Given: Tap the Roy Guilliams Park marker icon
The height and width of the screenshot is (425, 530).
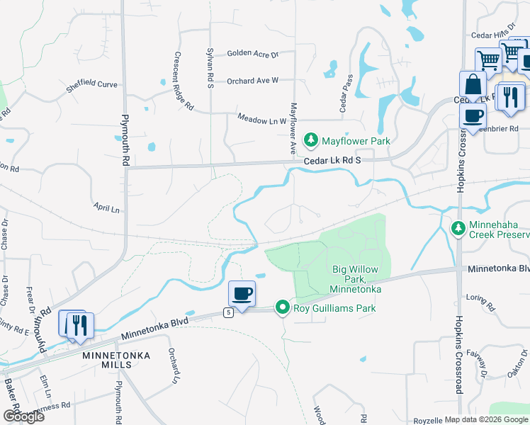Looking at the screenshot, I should tap(283, 308).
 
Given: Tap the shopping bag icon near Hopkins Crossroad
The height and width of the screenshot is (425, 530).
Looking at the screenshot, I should tap(472, 86).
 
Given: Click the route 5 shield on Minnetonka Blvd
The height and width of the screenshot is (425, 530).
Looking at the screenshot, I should tap(228, 312).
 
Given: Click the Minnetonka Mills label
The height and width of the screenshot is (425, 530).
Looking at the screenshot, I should tap(107, 359).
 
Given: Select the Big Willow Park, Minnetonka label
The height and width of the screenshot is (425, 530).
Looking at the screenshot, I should tap(356, 280).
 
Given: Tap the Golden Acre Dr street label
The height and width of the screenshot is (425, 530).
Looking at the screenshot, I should tap(252, 54).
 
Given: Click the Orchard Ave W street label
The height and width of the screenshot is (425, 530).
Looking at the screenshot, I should tap(253, 81).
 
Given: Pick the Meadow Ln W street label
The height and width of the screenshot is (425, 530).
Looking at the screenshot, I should tap(261, 120).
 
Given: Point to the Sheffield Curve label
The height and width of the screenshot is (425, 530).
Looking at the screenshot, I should tap(91, 84).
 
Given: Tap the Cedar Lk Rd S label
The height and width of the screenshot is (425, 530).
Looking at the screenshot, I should tap(332, 161).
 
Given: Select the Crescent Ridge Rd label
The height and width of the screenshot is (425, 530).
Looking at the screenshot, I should tap(183, 81).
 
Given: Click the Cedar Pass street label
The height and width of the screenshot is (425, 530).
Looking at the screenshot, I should tap(346, 94).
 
